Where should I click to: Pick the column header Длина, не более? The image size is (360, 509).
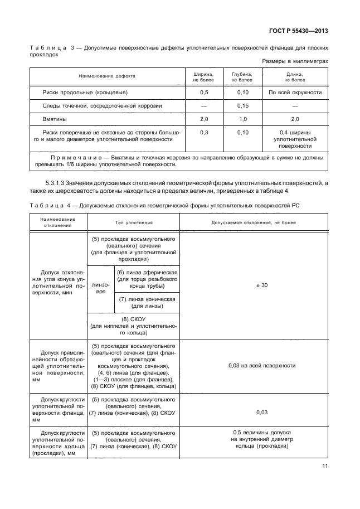(295, 76)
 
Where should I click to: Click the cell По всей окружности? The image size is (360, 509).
(295, 91)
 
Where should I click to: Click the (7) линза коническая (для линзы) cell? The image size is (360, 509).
(147, 302)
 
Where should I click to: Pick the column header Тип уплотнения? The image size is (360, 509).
(134, 222)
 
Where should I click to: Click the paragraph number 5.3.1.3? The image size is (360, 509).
(56, 183)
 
